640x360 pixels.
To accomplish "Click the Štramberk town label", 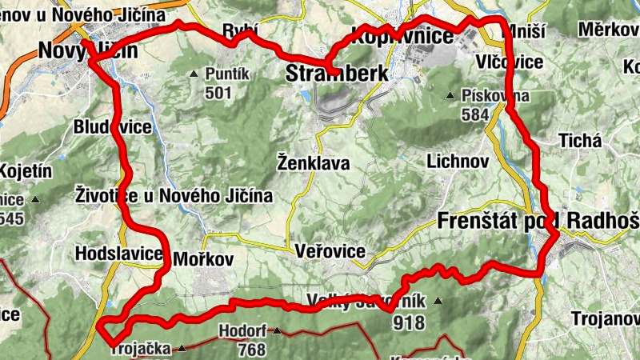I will (337, 74).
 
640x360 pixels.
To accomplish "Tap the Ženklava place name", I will (313, 163).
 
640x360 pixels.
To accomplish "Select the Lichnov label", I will (458, 160).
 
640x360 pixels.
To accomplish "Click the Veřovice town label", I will (330, 251).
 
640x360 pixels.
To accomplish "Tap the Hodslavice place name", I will (118, 254).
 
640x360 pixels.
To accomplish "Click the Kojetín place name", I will (26, 170).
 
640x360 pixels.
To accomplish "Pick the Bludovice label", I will (112, 127).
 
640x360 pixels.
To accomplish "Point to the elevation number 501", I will (218, 93).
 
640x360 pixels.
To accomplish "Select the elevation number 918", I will (408, 323).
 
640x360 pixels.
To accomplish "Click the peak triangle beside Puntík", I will (194, 74).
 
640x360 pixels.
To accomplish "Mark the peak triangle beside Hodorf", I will (277, 330).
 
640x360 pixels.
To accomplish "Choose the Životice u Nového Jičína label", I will (174, 195).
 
